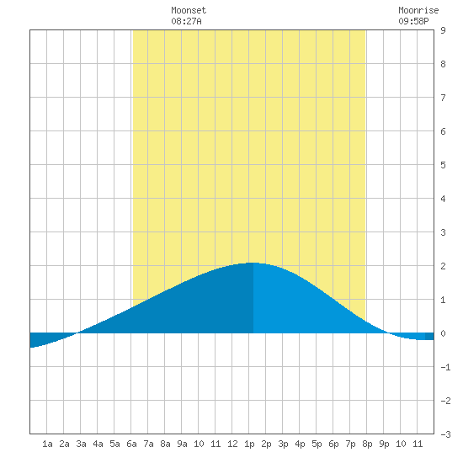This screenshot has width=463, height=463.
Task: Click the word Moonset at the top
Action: [189, 10]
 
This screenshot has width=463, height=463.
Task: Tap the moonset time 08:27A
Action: [186, 21]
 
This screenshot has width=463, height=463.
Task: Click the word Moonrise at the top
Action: [418, 10]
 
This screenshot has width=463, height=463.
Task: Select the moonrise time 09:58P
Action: [413, 21]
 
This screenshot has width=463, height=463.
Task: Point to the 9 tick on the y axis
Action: [443, 30]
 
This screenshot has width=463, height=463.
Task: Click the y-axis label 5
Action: [443, 165]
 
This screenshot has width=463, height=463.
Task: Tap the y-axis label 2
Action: [443, 266]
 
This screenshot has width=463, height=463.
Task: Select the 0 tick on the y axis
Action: [443, 333]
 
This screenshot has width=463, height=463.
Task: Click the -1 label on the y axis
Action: [445, 367]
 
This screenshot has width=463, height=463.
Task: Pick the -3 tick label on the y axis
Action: [445, 434]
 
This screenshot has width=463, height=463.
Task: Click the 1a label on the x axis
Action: [47, 444]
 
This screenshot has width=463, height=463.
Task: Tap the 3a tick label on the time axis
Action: [81, 444]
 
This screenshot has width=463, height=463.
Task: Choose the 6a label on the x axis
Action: [131, 444]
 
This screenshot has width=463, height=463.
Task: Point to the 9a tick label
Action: [182, 444]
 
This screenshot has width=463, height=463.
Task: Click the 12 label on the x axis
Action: [232, 444]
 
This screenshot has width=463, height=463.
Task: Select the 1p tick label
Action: [249, 444]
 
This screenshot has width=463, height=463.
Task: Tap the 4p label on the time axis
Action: [300, 444]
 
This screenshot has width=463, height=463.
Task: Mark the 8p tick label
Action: [367, 444]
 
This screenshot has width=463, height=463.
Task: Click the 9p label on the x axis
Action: [384, 444]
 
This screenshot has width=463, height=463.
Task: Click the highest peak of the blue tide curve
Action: [253, 263]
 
